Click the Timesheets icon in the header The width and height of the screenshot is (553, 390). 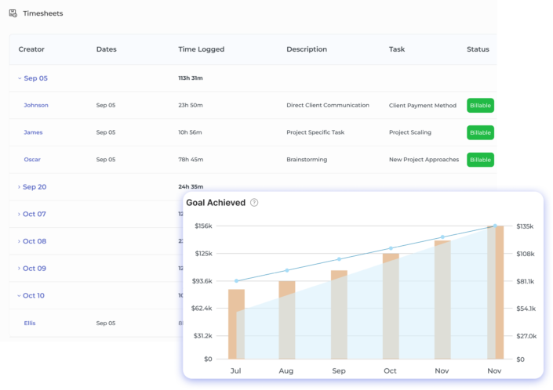pos(13,13)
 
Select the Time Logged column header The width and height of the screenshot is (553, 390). pos(201,49)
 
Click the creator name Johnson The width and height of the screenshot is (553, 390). pos(35,105)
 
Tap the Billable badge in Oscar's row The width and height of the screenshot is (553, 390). pos(480,160)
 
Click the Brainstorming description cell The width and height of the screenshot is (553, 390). pos(307,160)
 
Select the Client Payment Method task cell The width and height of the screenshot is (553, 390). pos(422,105)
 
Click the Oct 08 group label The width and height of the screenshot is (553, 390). pos(35,241)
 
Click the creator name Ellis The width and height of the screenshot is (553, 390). pos(30,323)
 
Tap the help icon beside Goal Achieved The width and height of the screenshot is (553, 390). pos(254,203)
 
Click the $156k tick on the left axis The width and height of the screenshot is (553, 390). pos(202,226)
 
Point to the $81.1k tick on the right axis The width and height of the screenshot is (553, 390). pos(525,281)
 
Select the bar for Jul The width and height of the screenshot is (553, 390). pos(236,323)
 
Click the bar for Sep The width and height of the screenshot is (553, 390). pos(339,314)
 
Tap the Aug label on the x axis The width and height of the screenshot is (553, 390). pos(286,370)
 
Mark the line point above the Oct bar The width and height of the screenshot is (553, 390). pos(390,248)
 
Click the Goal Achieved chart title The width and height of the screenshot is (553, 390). pos(216,203)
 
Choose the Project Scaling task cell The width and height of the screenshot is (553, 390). pos(409,132)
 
